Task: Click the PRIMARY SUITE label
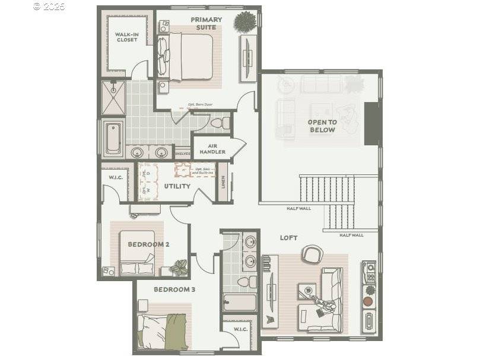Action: [206, 23]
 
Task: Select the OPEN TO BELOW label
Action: [322, 126]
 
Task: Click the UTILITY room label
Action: [177, 186]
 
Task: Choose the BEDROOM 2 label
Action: [149, 244]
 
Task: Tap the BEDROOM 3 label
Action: [174, 289]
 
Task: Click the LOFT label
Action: [288, 238]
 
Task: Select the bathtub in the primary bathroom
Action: [113, 139]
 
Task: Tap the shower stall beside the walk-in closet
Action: [113, 98]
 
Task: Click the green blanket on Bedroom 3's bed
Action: [176, 332]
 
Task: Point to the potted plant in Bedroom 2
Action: [179, 269]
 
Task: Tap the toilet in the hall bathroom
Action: [244, 281]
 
